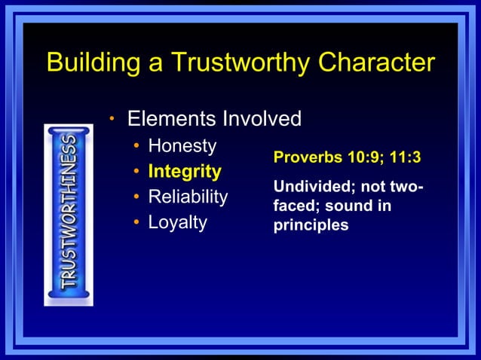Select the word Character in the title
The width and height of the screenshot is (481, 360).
pos(377,63)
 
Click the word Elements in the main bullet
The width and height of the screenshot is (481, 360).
pos(170,119)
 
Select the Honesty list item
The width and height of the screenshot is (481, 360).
pos(182,145)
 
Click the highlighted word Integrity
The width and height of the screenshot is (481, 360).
pos(185,171)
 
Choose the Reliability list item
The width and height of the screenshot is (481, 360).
pos(188,197)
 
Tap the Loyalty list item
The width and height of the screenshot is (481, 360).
pos(177,223)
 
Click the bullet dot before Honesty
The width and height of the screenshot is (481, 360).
pos(136,146)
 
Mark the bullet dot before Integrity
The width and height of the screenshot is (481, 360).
pos(136,172)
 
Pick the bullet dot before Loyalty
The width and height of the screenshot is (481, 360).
pos(136,224)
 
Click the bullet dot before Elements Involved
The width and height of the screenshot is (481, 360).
pos(112,119)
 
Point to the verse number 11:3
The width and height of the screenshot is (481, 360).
pos(404,159)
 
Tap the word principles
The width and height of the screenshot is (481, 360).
pos(311,225)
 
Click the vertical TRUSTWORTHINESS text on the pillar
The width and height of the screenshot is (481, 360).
pos(69,214)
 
